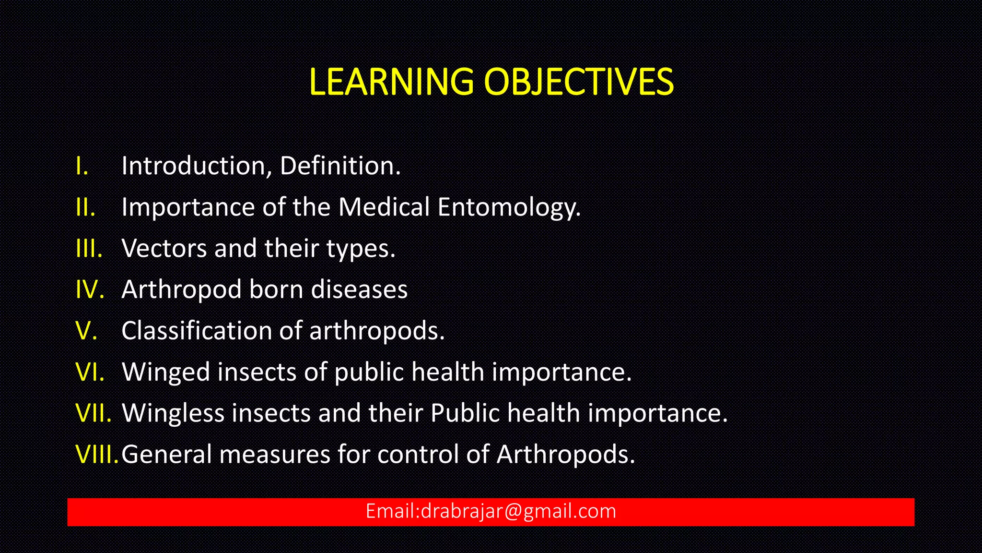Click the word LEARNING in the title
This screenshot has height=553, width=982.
pos(391,82)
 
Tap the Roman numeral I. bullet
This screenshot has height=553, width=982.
pos(82,166)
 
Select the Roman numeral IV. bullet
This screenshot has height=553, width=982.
pos(90,289)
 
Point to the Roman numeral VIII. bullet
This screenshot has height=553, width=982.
pos(97,454)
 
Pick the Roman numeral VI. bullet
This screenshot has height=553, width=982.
pos(90,372)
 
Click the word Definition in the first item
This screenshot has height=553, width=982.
pos(340,166)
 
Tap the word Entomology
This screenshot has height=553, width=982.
pos(509,207)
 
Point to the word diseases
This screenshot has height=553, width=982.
pos(359,289)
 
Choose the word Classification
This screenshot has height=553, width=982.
pos(197,331)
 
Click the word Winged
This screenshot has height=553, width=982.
pos(166,372)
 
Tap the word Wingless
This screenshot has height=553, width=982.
pos(173,413)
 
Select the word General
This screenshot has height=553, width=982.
pos(166,454)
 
